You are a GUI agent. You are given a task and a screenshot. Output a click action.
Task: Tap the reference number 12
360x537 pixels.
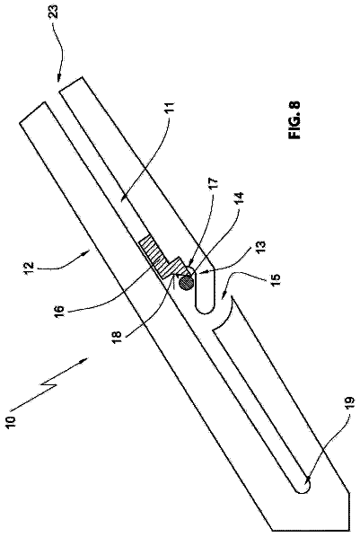[x=31, y=266]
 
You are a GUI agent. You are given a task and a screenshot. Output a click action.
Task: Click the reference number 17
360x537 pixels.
[x=213, y=185]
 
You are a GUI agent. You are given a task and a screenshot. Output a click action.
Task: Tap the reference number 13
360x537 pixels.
[x=260, y=248]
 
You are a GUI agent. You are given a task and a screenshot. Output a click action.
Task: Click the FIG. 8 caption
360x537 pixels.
[x=294, y=119]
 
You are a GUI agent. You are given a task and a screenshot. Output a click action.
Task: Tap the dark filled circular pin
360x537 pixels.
[x=186, y=283]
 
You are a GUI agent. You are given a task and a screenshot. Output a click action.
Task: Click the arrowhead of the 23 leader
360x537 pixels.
[x=59, y=78]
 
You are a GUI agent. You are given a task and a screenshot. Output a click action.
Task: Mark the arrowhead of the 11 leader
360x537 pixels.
[x=123, y=198]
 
